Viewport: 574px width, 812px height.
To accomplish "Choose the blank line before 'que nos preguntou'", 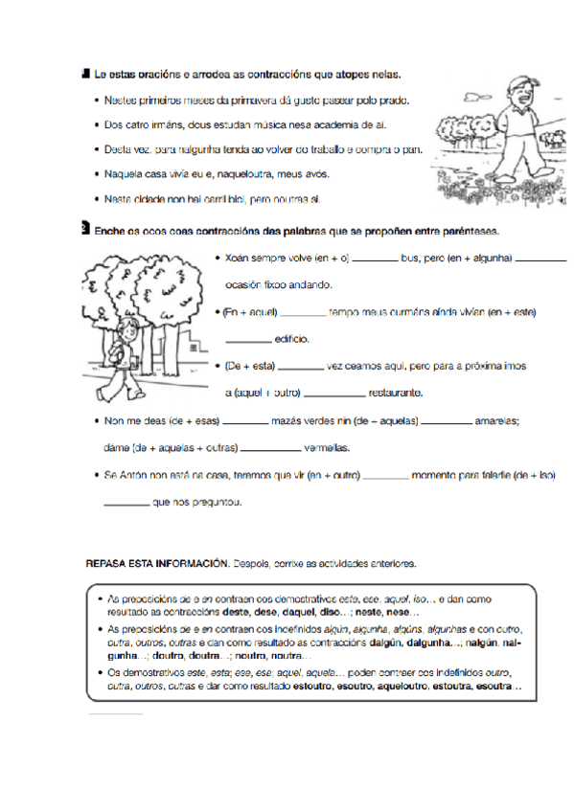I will (x=126, y=503).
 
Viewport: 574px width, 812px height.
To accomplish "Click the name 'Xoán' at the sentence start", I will (x=239, y=258).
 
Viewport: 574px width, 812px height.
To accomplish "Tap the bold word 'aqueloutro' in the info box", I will (x=405, y=687).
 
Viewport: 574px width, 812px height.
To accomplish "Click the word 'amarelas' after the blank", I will (x=498, y=420).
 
